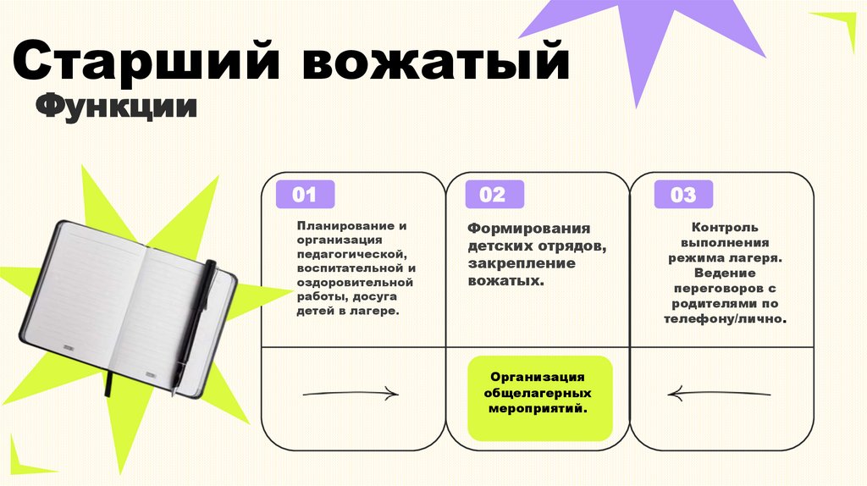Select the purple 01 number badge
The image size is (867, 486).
304,195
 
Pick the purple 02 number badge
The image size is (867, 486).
491,195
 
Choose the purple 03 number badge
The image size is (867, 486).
682,196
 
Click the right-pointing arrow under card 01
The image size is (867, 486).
349,394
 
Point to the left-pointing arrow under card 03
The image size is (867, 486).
719,394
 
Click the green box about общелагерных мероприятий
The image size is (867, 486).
538,397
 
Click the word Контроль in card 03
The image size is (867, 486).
725,227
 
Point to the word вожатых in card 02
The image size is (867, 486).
505,279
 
